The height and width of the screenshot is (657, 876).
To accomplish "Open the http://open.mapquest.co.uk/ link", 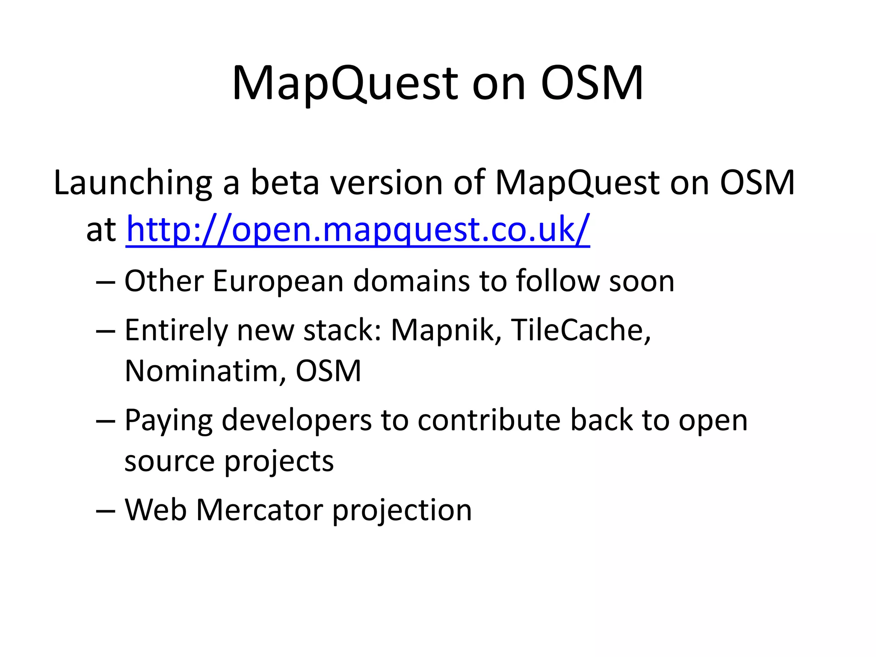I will (x=358, y=230).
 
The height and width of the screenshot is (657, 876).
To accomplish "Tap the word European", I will (x=278, y=281).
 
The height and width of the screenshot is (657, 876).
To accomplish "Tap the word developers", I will (x=296, y=420).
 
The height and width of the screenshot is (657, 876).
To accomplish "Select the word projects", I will (x=278, y=462).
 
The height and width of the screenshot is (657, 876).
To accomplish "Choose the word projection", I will (x=402, y=510).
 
